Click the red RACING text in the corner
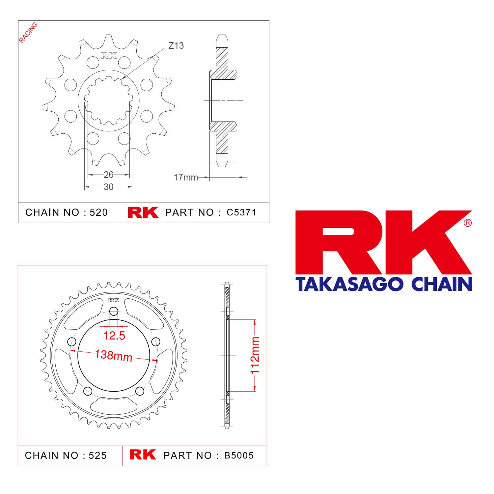coord(28,33)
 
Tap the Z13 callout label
coord(176,45)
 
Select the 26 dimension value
coord(109,175)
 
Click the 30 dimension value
coord(109,187)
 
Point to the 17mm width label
coord(186,178)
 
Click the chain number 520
coord(99,212)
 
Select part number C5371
coord(241,212)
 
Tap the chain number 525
coord(98,455)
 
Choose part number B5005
coord(239,455)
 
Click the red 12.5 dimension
coord(114,336)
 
